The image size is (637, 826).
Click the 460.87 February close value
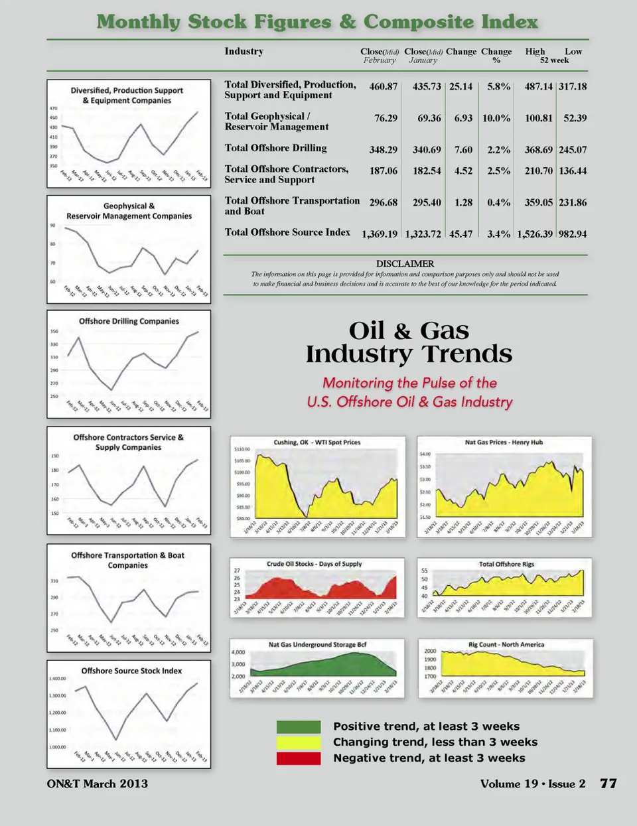point(384,87)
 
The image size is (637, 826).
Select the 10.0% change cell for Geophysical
point(496,118)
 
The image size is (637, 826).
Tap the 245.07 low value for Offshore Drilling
point(573,150)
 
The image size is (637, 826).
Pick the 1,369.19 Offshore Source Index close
point(380,234)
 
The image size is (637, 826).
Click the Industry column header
point(244,51)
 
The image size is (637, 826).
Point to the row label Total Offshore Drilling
point(275,148)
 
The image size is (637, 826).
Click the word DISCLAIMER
point(405,263)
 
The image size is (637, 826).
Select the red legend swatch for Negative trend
point(298,758)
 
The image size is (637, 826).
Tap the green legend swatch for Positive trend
point(298,726)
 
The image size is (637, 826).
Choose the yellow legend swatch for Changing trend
point(298,742)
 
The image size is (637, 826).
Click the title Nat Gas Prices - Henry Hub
point(504,442)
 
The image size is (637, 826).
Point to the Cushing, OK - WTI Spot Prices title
point(317,442)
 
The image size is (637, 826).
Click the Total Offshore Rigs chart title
point(506,564)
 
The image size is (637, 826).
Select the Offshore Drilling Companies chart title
point(129,321)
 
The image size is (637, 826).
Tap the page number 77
point(608,784)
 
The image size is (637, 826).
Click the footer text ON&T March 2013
point(98,784)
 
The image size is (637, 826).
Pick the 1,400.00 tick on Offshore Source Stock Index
point(58,679)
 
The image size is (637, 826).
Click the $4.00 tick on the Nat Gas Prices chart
point(425,454)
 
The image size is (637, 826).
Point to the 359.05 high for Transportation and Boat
point(539,203)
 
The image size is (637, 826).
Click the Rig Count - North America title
point(506,644)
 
